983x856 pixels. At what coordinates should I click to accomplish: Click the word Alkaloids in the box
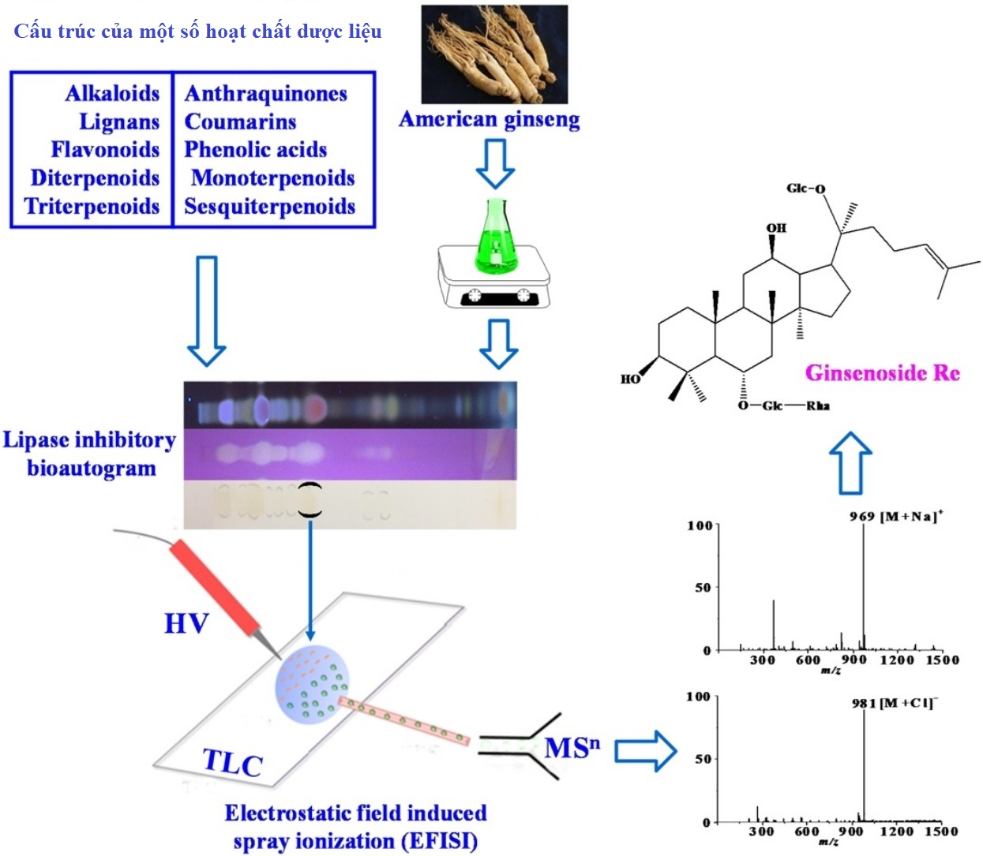(x=112, y=93)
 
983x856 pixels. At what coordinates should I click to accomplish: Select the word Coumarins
(x=240, y=121)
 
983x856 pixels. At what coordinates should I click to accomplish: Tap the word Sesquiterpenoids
(x=269, y=206)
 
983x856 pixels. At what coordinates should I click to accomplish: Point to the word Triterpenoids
(x=92, y=206)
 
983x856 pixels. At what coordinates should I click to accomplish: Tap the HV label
(x=186, y=623)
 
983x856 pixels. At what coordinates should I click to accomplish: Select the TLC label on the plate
(x=232, y=762)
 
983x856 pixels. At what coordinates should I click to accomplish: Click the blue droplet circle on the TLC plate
(x=313, y=684)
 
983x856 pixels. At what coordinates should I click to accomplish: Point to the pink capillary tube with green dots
(x=403, y=720)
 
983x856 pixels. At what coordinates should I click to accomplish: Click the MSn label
(x=571, y=747)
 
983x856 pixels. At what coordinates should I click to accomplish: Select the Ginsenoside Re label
(x=882, y=372)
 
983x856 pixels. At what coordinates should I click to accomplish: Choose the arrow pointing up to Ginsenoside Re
(x=850, y=463)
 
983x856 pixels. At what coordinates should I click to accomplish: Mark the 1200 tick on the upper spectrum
(x=897, y=660)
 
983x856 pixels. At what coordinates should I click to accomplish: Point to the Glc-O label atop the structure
(x=805, y=188)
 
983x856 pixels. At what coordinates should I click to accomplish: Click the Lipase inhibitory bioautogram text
(x=90, y=454)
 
